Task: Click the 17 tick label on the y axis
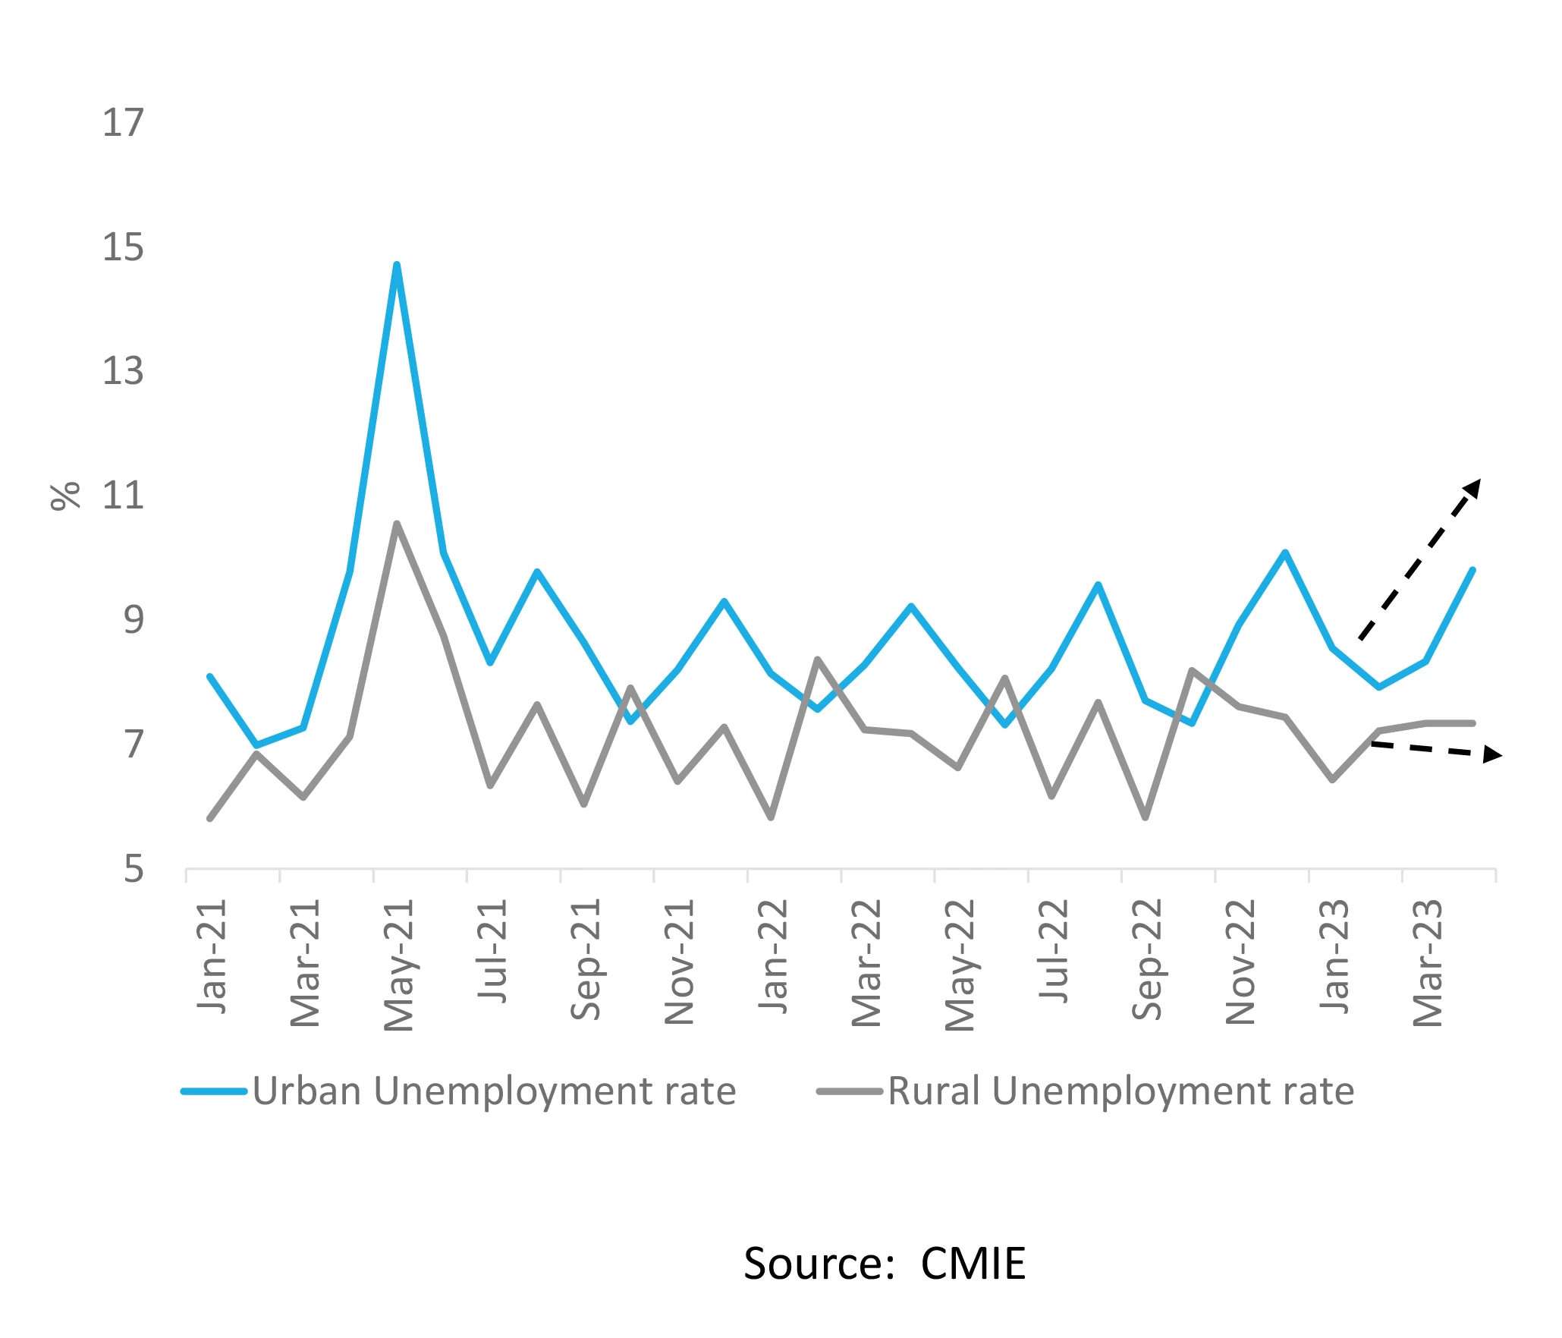coord(123,123)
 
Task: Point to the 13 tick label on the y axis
coord(123,372)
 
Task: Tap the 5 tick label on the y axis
coord(134,869)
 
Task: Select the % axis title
coord(65,496)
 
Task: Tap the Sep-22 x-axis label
coord(1147,959)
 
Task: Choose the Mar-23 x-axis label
coord(1428,962)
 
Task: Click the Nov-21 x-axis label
coord(680,962)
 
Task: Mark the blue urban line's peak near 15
coord(397,265)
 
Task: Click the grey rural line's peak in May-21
coord(397,524)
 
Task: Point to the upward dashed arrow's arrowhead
coord(1473,487)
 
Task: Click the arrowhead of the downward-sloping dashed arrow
coord(1493,754)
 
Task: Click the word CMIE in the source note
coord(973,1264)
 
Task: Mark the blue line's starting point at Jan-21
coord(210,676)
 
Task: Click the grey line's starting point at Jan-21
coord(210,818)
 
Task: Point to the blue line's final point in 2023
coord(1472,570)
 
